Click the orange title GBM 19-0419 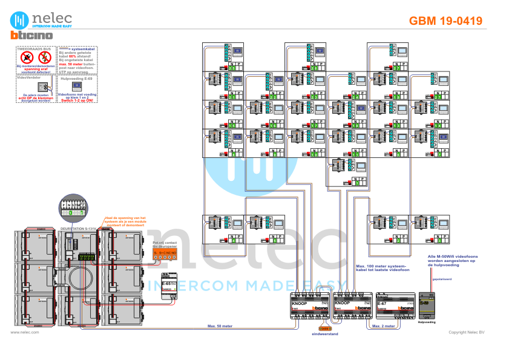click(x=445, y=21)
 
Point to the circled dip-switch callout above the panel click(x=73, y=208)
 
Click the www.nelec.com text click(x=21, y=332)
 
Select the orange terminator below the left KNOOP click(x=324, y=328)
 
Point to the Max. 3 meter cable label click(x=383, y=326)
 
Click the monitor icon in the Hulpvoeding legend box click(x=77, y=86)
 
